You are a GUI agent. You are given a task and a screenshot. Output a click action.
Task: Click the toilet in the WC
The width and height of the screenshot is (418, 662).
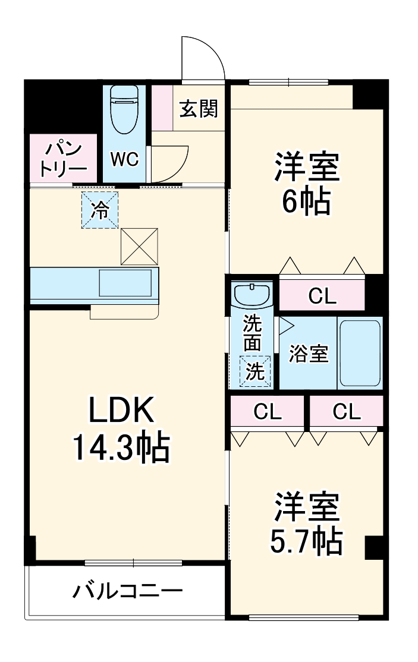pyautogui.click(x=124, y=110)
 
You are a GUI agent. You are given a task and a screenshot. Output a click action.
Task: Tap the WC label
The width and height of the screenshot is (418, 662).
pyautogui.click(x=124, y=159)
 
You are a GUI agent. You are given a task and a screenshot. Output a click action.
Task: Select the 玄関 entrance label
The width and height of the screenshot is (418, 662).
pyautogui.click(x=199, y=109)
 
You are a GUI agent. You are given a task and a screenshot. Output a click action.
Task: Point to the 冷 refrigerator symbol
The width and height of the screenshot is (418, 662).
pyautogui.click(x=100, y=210)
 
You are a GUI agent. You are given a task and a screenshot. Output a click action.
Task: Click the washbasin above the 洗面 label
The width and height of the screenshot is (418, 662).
pyautogui.click(x=252, y=294)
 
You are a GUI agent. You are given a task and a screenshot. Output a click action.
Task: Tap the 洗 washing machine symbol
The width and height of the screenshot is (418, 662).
pyautogui.click(x=254, y=371)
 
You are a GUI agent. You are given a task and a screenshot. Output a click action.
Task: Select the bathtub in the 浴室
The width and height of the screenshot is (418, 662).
pyautogui.click(x=359, y=353)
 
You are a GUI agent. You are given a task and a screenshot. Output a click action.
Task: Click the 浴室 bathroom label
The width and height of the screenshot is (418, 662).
pyautogui.click(x=308, y=354)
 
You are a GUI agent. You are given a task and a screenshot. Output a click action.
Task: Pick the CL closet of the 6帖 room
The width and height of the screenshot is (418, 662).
pyautogui.click(x=322, y=295)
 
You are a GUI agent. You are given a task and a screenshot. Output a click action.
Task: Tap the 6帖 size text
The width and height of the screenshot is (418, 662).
pyautogui.click(x=306, y=203)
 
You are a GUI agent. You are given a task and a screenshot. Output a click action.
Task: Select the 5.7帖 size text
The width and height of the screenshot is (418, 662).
pyautogui.click(x=306, y=540)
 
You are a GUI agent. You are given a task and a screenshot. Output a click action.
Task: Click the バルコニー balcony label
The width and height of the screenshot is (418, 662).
pyautogui.click(x=127, y=591)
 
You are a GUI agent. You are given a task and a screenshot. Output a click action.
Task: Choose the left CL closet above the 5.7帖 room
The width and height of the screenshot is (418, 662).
pyautogui.click(x=267, y=412)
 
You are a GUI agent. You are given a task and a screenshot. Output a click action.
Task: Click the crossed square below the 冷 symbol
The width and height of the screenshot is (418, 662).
pyautogui.click(x=140, y=246)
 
